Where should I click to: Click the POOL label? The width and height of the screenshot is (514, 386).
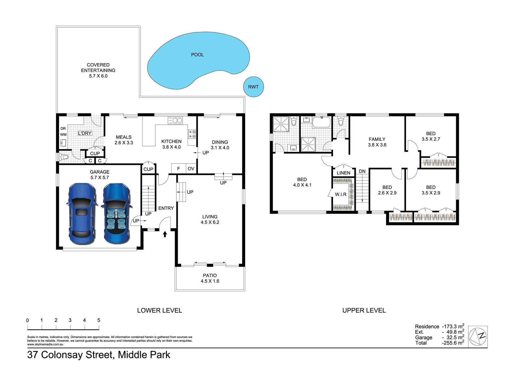197,55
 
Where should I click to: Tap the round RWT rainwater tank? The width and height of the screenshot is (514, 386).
253,87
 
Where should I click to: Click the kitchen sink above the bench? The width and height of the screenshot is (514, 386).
175,120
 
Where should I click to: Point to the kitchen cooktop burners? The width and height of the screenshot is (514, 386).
192,134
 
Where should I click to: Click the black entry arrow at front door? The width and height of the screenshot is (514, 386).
165,234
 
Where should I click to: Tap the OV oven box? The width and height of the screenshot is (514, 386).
191,168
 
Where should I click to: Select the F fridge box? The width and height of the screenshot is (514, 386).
179,168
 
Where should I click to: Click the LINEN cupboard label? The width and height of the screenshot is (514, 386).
344,173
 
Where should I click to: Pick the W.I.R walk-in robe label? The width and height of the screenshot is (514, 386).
341,194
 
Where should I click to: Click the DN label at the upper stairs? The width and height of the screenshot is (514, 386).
362,171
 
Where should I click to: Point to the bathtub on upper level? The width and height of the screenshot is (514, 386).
321,122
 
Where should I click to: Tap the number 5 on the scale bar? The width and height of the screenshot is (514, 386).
99,320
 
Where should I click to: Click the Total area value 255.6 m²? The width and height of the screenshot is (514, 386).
453,343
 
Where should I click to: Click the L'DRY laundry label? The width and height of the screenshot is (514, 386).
85,133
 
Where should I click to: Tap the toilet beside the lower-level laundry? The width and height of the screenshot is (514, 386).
64,157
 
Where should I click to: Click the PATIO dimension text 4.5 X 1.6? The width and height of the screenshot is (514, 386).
210,281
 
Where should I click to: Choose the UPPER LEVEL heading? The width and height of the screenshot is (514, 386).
364,310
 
